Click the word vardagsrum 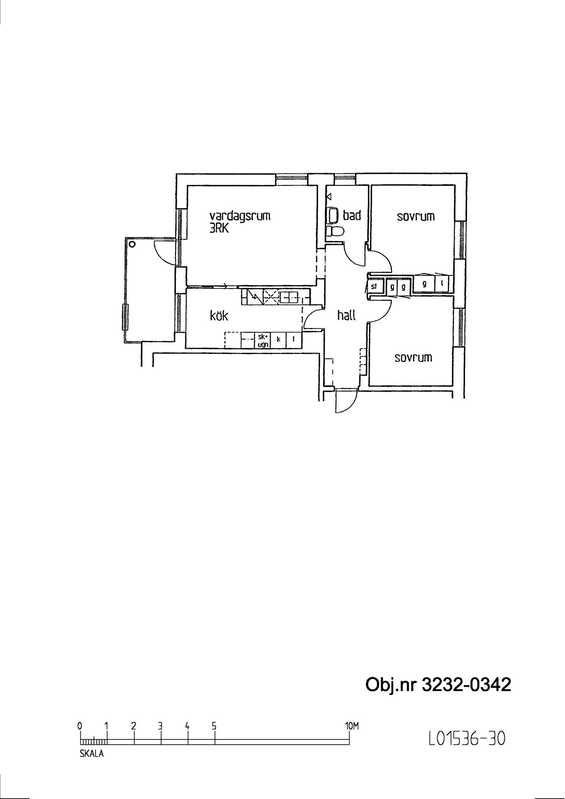click(x=240, y=216)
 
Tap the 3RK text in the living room click(x=219, y=229)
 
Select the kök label click(x=219, y=316)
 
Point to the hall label click(x=346, y=316)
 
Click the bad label click(x=352, y=215)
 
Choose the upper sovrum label click(x=416, y=217)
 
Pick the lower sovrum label click(x=413, y=358)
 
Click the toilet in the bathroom click(x=335, y=232)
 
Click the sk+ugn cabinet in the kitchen click(x=264, y=340)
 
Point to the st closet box click(x=375, y=286)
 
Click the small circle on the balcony click(x=132, y=244)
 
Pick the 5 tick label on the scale click(x=214, y=726)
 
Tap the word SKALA click(x=92, y=754)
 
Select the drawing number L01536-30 click(x=467, y=739)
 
